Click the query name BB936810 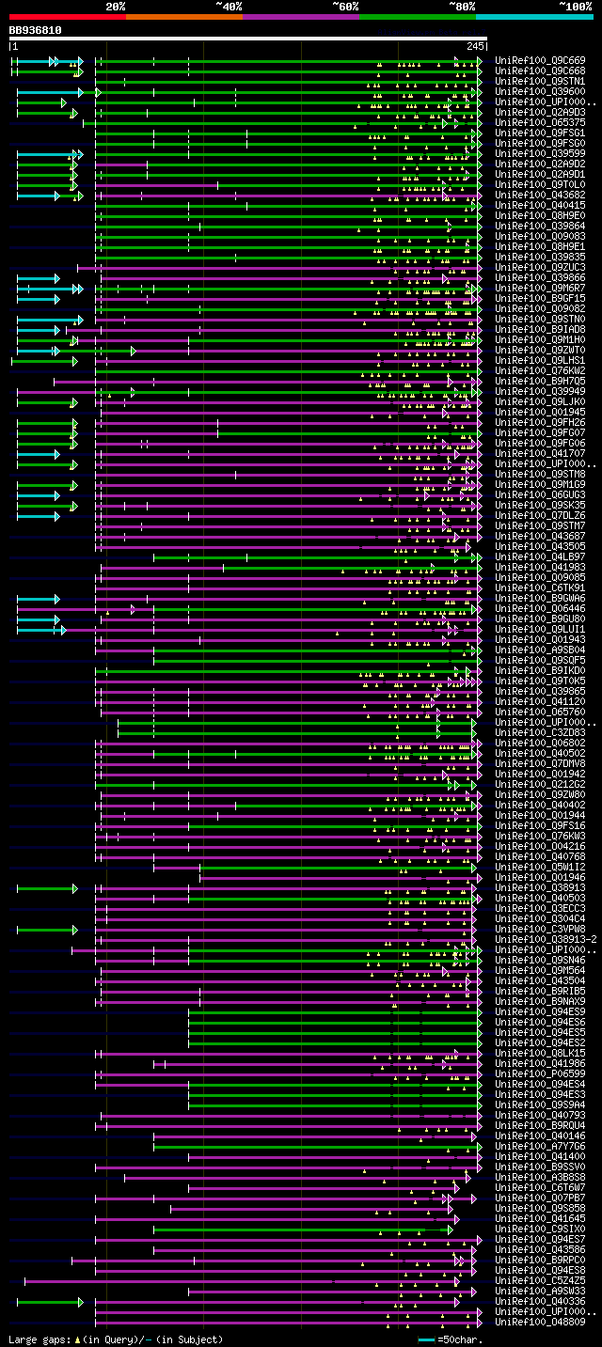[36, 30]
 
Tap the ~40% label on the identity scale [229, 6]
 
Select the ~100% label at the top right [575, 6]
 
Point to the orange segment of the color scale [183, 16]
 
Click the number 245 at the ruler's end [475, 46]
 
